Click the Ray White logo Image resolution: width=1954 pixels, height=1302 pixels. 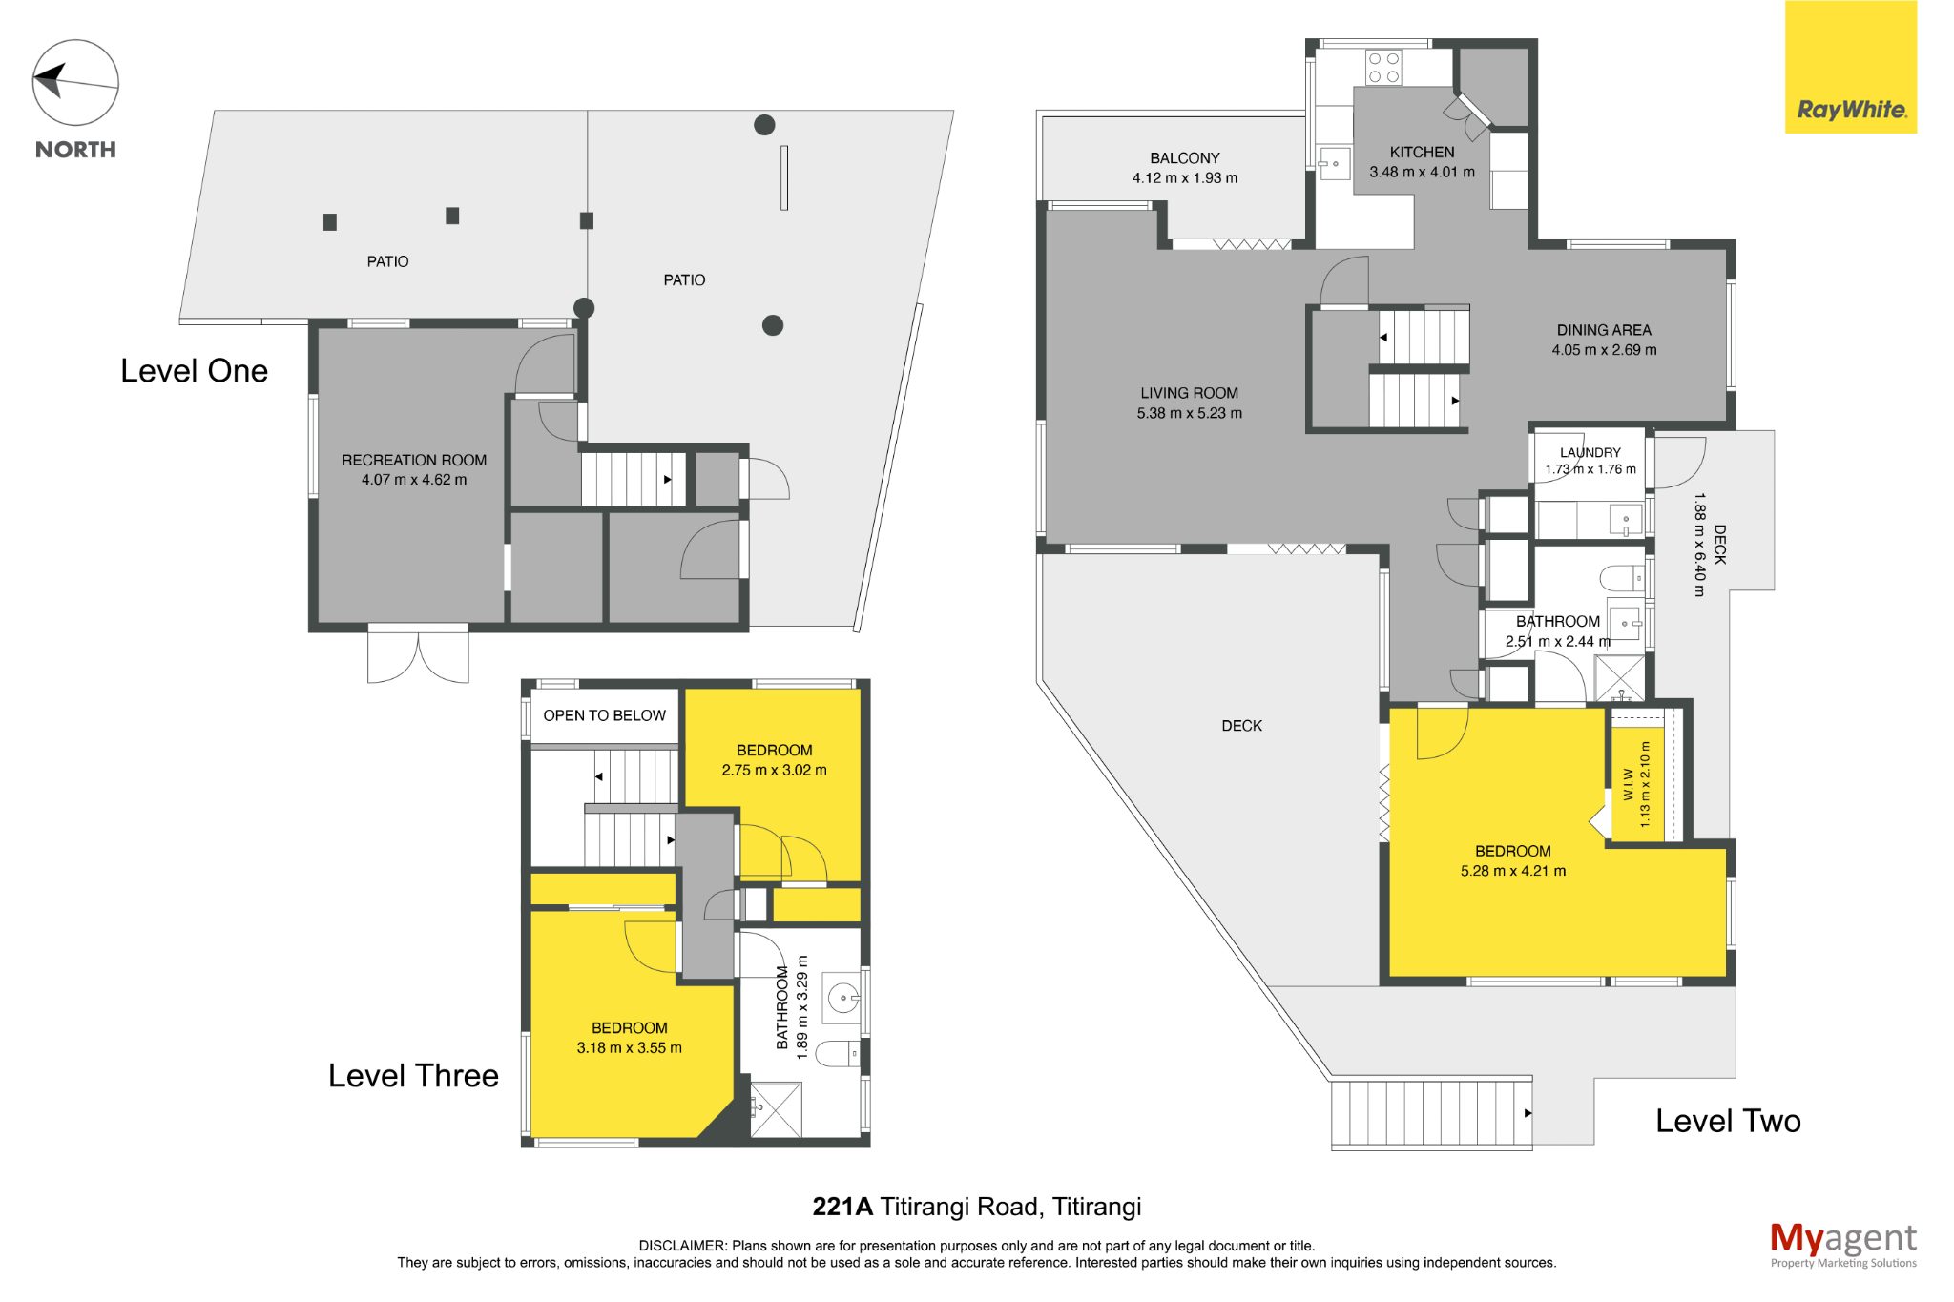click(x=1850, y=67)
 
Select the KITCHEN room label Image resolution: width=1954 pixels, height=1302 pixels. click(x=1422, y=152)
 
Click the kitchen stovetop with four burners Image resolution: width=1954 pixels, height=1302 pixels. click(x=1383, y=68)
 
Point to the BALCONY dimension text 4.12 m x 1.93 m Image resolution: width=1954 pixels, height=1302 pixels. click(x=1185, y=177)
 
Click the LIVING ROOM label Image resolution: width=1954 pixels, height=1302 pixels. click(x=1189, y=393)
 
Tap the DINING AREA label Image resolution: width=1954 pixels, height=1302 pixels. click(x=1604, y=330)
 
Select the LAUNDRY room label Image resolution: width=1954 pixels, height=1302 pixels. click(x=1590, y=452)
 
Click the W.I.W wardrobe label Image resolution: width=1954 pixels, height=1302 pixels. click(x=1629, y=784)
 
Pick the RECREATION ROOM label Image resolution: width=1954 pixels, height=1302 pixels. click(x=414, y=460)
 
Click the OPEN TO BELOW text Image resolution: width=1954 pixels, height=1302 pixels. click(x=604, y=715)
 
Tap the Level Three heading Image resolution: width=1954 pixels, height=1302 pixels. click(x=413, y=1075)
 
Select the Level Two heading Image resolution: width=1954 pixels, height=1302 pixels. click(x=1728, y=1121)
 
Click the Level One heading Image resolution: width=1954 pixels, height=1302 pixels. click(x=194, y=371)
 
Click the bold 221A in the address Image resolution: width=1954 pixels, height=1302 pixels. click(x=842, y=1207)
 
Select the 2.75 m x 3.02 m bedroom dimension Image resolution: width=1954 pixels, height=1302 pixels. click(x=774, y=770)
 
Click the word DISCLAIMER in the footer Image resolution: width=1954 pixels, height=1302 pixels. click(x=682, y=1246)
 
